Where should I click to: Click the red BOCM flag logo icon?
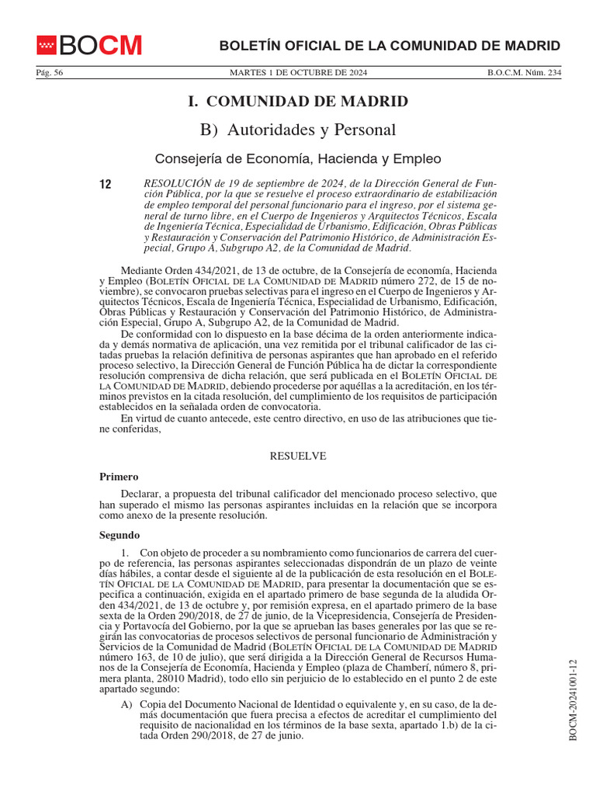coord(47,45)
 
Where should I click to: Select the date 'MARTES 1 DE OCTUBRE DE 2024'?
coord(298,73)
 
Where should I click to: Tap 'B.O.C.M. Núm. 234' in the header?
coord(524,73)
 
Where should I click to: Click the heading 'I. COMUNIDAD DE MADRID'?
coord(298,102)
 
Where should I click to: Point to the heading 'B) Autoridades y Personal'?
coord(298,130)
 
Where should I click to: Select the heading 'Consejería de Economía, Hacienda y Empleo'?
coord(298,158)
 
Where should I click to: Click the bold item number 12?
coord(106,184)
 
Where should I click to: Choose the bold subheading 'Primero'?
coord(119,476)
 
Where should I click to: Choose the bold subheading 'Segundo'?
coord(120,535)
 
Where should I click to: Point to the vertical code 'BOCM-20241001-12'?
coord(574,700)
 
